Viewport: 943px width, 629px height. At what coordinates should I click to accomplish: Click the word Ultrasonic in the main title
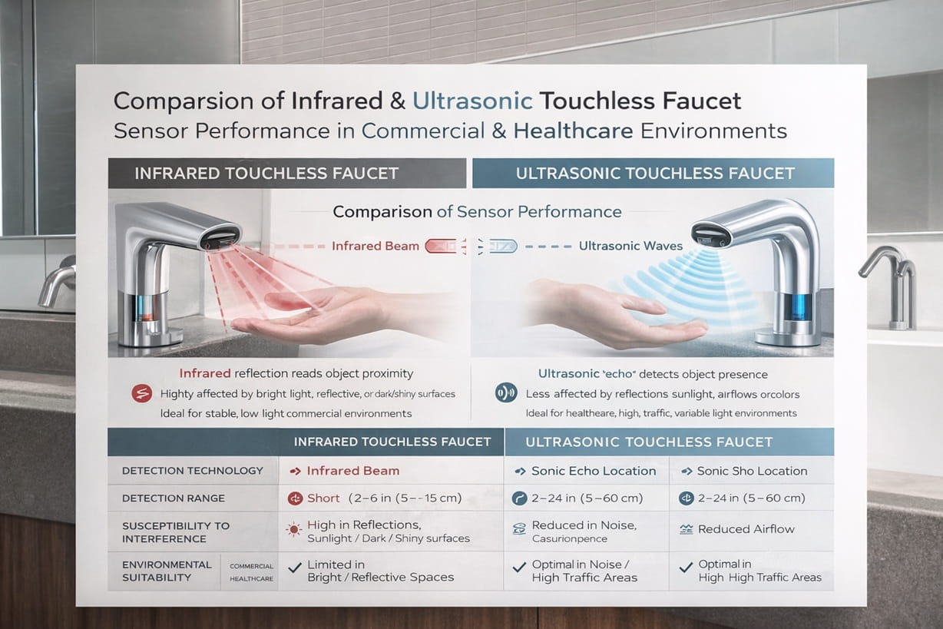(x=471, y=101)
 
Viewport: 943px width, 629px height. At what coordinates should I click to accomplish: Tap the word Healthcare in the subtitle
(x=573, y=131)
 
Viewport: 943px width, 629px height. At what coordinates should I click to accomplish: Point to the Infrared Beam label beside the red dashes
(x=376, y=246)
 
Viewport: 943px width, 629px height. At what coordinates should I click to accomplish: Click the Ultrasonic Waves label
(x=630, y=246)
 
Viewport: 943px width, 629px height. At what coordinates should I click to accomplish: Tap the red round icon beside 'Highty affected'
(x=141, y=394)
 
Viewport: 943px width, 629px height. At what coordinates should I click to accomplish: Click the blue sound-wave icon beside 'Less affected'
(x=505, y=393)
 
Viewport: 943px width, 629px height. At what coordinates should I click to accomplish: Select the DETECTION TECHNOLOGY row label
(x=192, y=471)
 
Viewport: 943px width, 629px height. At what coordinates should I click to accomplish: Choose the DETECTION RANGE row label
(x=174, y=498)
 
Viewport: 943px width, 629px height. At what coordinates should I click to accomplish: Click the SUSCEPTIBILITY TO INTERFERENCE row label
(x=176, y=531)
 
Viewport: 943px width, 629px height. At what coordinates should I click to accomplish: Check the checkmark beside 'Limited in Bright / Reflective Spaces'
(x=293, y=567)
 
